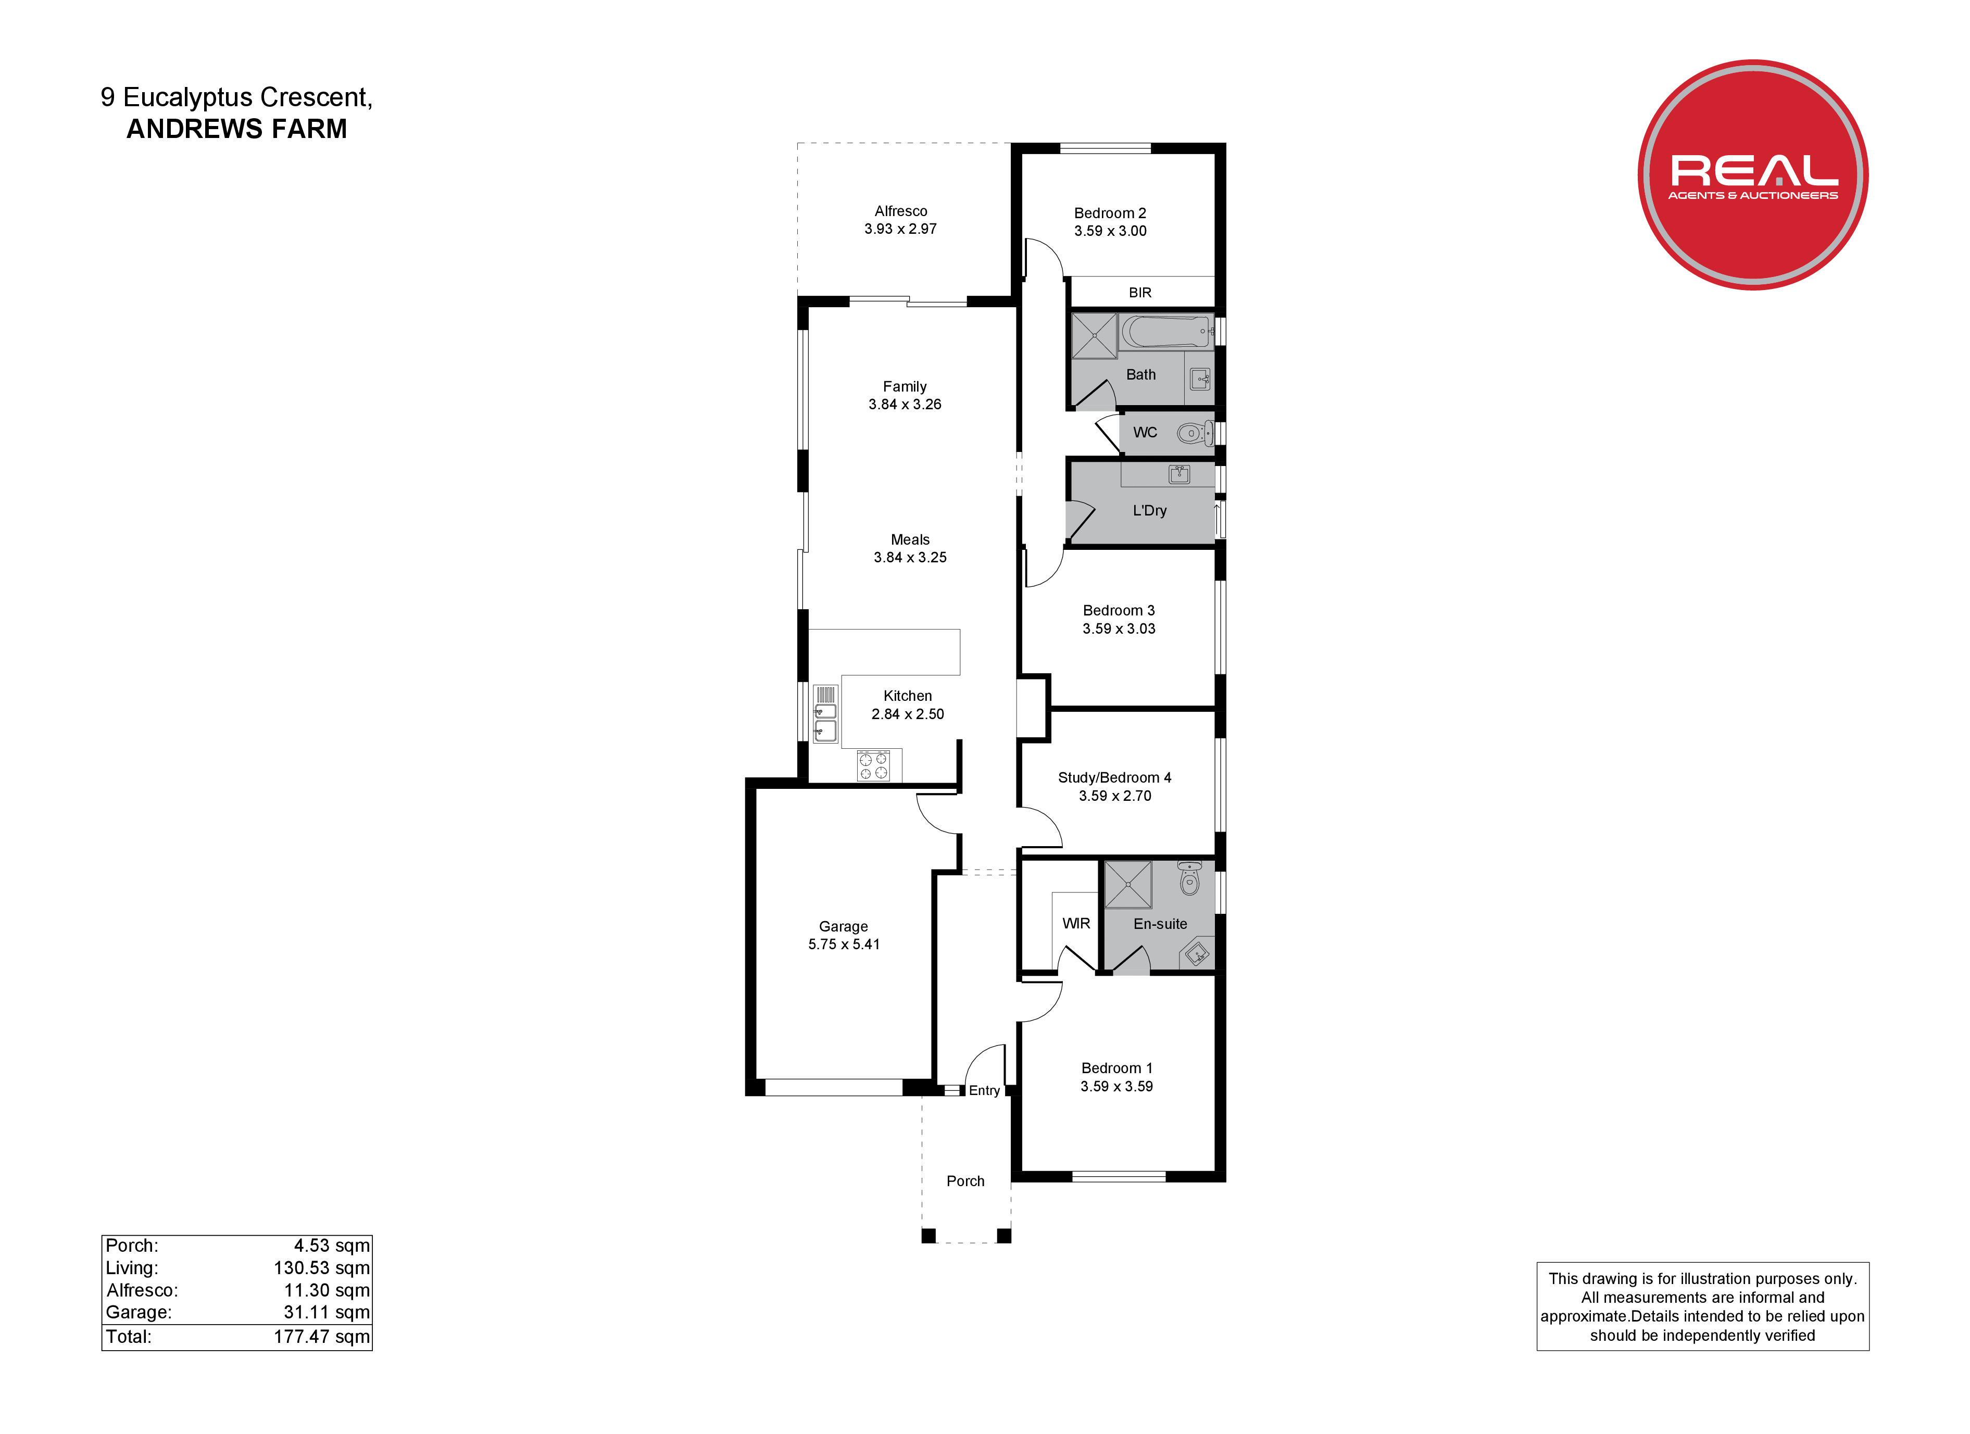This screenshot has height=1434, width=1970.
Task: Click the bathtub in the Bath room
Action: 1166,332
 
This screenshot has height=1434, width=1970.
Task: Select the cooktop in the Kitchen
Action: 873,765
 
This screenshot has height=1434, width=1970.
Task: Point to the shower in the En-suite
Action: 1127,884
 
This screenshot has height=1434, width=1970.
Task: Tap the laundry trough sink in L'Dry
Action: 1178,474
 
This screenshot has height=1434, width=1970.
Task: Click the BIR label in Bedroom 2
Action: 1139,293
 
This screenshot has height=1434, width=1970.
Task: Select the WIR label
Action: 1076,923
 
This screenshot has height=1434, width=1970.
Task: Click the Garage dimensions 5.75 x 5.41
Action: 844,944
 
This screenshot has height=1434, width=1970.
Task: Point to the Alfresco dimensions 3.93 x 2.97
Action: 900,229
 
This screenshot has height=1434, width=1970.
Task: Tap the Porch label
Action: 965,1181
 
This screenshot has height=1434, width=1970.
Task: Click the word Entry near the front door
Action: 984,1091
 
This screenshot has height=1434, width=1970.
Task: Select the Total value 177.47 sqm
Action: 321,1337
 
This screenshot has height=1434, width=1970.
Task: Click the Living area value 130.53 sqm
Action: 321,1268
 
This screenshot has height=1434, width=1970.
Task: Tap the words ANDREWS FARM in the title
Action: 236,129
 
